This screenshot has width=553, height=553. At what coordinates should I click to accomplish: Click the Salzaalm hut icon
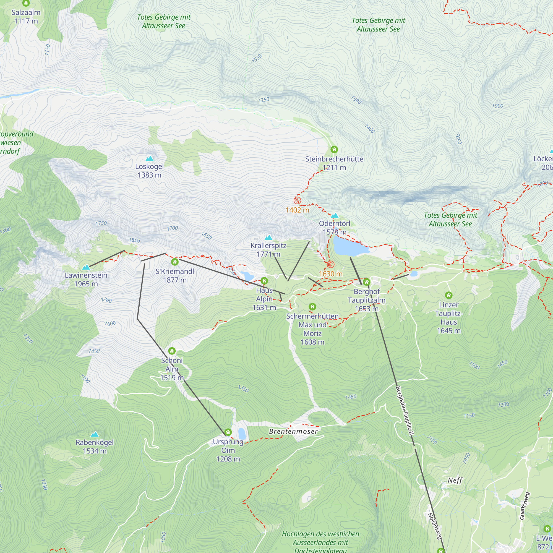pyautogui.click(x=26, y=3)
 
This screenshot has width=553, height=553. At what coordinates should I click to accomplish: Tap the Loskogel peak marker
pyautogui.click(x=149, y=158)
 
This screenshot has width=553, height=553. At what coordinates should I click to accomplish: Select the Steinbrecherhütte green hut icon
pyautogui.click(x=334, y=149)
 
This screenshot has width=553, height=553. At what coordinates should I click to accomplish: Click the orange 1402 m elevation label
pyautogui.click(x=298, y=210)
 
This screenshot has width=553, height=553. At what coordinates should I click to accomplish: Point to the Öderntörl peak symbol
pyautogui.click(x=335, y=216)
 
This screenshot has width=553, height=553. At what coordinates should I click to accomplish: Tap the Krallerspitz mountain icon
pyautogui.click(x=268, y=237)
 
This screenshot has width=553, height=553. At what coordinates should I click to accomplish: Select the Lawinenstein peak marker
pyautogui.click(x=86, y=267)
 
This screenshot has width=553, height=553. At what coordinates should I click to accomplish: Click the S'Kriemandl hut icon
pyautogui.click(x=174, y=262)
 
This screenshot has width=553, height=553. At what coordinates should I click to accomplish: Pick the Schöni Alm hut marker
pyautogui.click(x=172, y=351)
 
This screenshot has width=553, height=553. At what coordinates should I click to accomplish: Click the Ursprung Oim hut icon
pyautogui.click(x=228, y=432)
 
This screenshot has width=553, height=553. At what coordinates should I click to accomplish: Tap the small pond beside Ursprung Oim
pyautogui.click(x=242, y=433)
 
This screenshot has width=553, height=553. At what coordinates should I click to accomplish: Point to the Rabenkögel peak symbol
pyautogui.click(x=95, y=434)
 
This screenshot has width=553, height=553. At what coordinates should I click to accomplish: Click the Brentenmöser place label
pyautogui.click(x=293, y=431)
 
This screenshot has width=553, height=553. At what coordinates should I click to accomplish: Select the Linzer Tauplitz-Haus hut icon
pyautogui.click(x=448, y=295)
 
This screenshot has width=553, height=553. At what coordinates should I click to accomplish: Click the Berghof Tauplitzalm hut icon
pyautogui.click(x=366, y=282)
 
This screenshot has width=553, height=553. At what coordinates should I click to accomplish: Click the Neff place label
pyautogui.click(x=455, y=480)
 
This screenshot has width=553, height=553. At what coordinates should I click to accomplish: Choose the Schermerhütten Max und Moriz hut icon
pyautogui.click(x=312, y=307)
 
